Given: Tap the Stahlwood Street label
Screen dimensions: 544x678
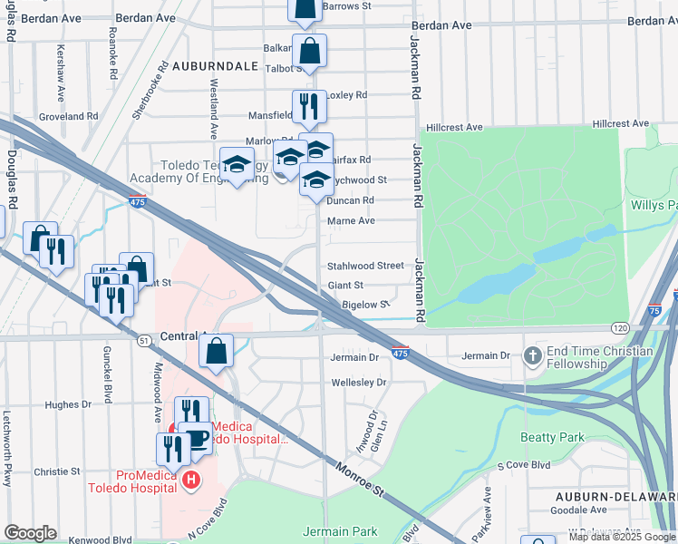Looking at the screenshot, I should pyautogui.click(x=365, y=266).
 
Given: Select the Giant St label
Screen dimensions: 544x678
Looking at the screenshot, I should pyautogui.click(x=345, y=285).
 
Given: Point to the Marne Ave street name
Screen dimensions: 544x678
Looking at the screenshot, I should pyautogui.click(x=351, y=220).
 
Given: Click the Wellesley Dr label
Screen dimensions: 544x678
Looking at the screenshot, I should pyautogui.click(x=359, y=383).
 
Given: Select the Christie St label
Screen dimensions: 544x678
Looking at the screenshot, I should pyautogui.click(x=57, y=471).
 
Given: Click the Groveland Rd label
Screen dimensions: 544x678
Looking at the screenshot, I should pyautogui.click(x=68, y=116).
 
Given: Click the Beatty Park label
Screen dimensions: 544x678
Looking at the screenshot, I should pyautogui.click(x=552, y=437).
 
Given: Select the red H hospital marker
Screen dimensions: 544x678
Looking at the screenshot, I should pyautogui.click(x=190, y=480).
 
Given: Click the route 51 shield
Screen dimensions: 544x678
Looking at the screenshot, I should pyautogui.click(x=144, y=340).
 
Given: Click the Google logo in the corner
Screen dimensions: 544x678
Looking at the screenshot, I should pyautogui.click(x=30, y=533).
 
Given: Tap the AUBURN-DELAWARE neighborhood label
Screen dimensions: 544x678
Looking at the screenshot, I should pyautogui.click(x=616, y=497).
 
